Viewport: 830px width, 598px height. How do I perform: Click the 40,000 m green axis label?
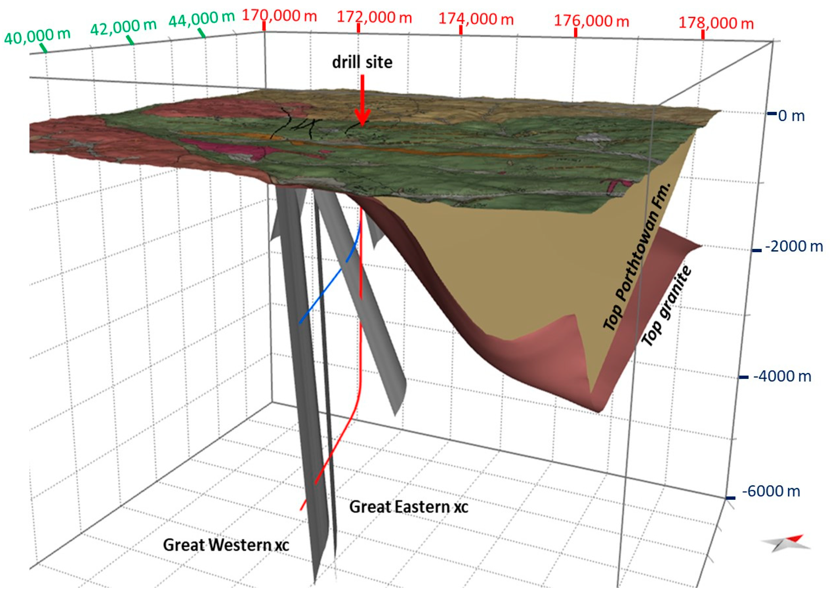coord(37,36)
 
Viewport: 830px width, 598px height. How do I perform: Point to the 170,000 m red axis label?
coord(279,16)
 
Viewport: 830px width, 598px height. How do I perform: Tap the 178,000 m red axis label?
coord(716,23)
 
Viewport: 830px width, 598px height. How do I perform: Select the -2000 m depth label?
coord(794,246)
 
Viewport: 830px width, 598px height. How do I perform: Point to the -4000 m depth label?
coord(782,376)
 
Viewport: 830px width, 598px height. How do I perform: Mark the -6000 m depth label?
coord(771,491)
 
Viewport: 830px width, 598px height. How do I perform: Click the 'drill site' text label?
coord(362,62)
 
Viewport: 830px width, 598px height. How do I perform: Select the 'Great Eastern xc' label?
coord(408,507)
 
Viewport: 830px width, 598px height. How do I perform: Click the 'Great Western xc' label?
coord(226,545)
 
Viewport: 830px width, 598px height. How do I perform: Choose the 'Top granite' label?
coord(667,306)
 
